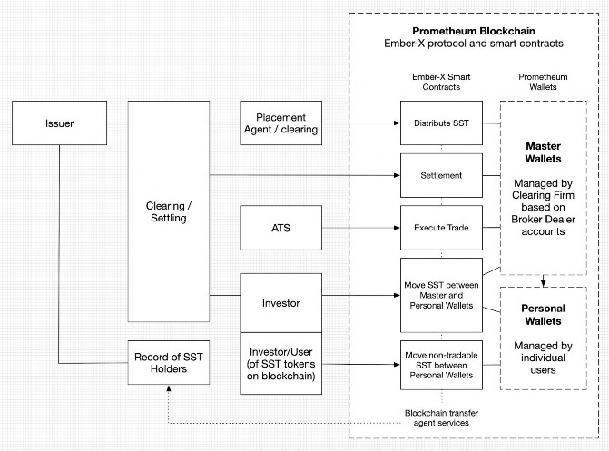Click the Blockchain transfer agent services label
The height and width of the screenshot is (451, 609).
441,418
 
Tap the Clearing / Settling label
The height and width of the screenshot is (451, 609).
168,211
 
